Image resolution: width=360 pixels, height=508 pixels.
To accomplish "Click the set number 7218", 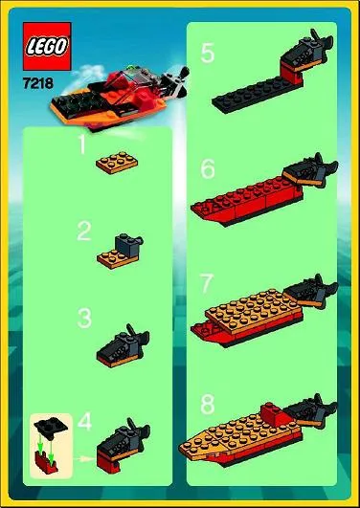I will pos(36,84).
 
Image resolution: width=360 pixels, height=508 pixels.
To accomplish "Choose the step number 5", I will pos(208,53).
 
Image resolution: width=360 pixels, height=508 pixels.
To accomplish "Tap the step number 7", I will pos(208,285).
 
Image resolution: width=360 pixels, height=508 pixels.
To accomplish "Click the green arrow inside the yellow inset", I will pos(40,441).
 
